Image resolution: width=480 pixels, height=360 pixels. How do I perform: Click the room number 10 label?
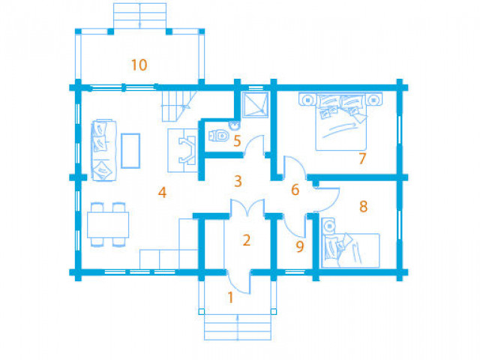(139, 65)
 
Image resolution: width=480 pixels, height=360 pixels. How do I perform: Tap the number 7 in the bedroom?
(362, 158)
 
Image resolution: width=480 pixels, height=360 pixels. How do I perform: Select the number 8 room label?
(363, 206)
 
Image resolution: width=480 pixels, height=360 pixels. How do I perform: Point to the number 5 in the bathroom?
(237, 141)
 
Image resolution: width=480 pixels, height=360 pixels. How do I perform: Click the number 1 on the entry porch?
(231, 297)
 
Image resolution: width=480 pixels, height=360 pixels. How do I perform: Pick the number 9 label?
(300, 247)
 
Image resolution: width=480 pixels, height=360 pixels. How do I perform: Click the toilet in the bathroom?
(218, 136)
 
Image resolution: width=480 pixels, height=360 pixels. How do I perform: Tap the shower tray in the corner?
(255, 104)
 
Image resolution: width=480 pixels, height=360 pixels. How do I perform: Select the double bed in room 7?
(340, 121)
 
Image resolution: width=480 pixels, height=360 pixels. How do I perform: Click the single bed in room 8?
(351, 250)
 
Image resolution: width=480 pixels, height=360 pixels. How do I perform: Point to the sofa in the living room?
(103, 151)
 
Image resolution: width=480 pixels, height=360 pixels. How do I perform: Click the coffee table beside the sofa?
(130, 151)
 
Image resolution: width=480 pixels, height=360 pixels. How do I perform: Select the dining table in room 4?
(108, 225)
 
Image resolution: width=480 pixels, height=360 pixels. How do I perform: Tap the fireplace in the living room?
(183, 150)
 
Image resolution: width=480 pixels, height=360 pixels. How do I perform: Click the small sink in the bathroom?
(235, 124)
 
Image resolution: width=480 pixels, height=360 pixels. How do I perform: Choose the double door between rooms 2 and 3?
(247, 208)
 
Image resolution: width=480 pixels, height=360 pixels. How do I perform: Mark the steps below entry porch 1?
(238, 327)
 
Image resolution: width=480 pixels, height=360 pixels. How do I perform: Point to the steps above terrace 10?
(140, 16)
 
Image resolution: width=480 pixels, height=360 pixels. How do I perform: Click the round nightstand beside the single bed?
(329, 226)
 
